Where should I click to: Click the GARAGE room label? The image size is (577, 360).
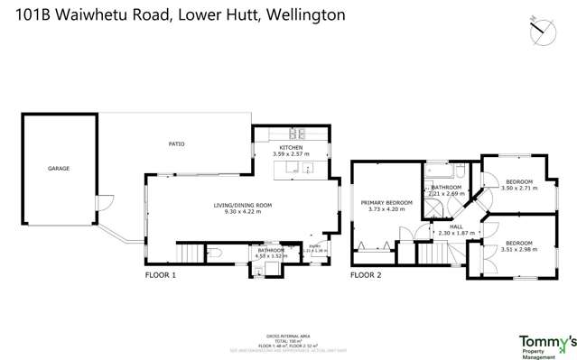click(59, 168)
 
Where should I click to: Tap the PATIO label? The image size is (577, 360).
click(176, 143)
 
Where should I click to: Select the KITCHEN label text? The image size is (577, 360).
click(290, 147)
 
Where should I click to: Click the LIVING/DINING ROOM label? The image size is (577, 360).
click(242, 205)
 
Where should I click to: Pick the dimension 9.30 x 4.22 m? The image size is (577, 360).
click(242, 213)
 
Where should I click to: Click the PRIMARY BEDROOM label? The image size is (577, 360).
click(386, 202)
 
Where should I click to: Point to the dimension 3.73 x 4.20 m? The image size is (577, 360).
click(386, 210)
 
